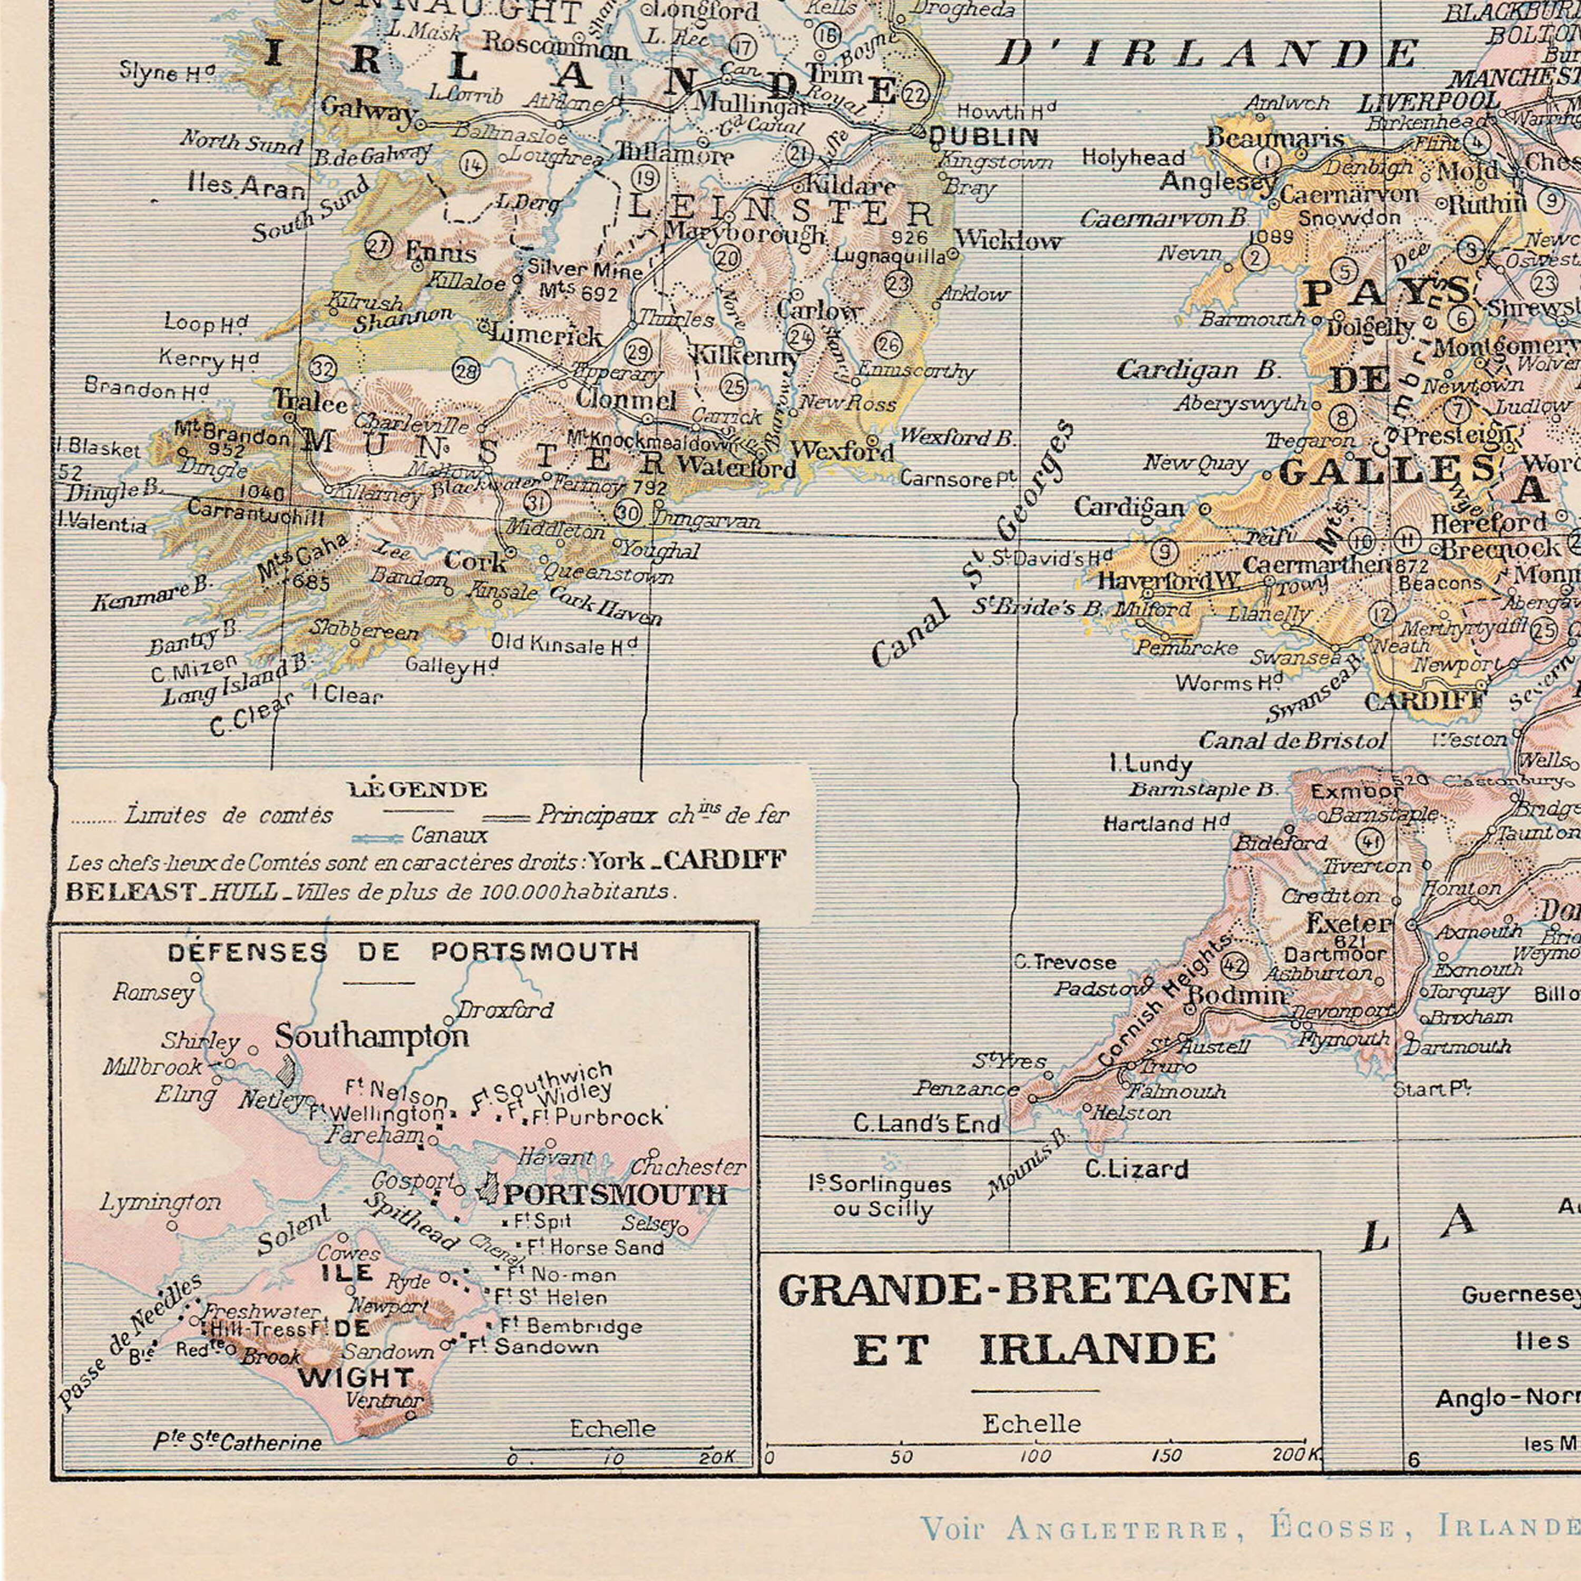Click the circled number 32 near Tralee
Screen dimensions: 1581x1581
click(x=323, y=369)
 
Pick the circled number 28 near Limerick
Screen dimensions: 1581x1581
click(x=466, y=372)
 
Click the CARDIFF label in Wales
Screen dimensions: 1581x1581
click(x=1424, y=701)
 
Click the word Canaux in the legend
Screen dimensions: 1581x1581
click(x=449, y=835)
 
